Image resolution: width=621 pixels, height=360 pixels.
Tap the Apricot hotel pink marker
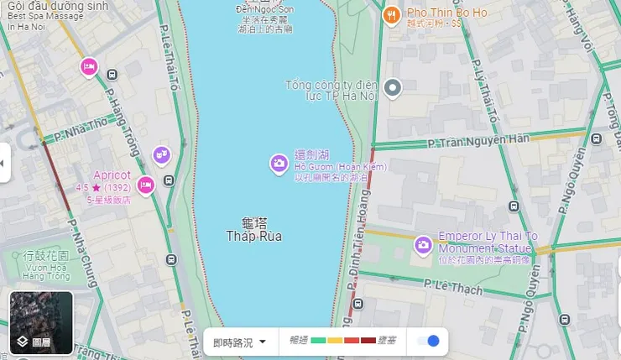click(145, 185)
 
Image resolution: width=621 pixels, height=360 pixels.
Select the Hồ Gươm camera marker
click(279, 164)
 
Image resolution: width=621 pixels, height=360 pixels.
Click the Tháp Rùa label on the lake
click(253, 237)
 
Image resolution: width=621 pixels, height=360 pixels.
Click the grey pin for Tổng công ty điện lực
click(393, 87)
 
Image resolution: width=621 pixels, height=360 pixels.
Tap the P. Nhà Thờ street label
click(81, 128)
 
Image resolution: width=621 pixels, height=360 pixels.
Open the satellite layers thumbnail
click(41, 322)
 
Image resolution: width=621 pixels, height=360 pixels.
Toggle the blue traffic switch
click(428, 341)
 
